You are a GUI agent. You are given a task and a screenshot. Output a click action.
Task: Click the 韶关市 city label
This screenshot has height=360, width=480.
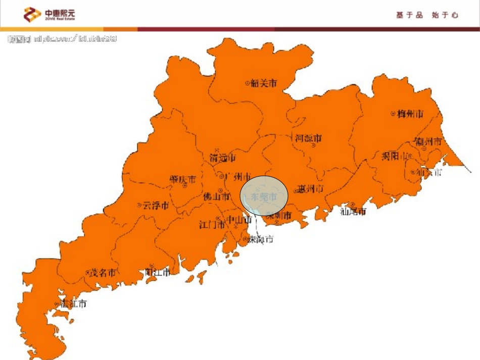point(264,83)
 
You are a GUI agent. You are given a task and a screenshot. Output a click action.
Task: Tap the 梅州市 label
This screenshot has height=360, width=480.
point(410,114)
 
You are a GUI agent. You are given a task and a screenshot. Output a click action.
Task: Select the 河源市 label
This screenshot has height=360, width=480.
point(308,138)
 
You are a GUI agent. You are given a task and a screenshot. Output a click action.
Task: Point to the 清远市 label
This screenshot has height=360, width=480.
point(223,158)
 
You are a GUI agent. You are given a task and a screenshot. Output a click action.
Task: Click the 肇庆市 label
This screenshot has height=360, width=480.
point(182,179)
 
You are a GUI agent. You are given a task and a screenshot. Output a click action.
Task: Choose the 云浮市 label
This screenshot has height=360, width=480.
point(156,205)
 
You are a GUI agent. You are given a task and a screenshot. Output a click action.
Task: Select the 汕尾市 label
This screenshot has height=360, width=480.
point(353,211)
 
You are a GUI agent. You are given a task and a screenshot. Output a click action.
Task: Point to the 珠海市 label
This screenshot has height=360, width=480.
point(261,239)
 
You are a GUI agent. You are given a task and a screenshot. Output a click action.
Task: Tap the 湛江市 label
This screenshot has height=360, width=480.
point(74,304)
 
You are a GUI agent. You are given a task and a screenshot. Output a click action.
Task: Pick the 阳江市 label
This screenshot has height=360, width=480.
point(158,272)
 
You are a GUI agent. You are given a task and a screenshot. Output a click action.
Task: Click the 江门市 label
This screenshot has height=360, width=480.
point(212,225)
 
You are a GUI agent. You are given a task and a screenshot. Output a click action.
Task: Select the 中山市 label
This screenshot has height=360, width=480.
point(238,220)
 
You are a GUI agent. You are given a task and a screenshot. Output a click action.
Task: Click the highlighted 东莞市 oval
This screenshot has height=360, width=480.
point(264,196)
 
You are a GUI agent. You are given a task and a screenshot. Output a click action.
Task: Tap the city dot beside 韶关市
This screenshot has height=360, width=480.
point(247,83)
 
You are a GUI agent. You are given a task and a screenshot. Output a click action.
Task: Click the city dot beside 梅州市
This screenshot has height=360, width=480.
point(393,114)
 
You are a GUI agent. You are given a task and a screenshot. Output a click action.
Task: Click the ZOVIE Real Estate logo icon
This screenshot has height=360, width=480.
point(32,15)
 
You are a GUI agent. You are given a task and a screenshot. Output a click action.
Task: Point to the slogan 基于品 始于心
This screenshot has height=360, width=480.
point(427,15)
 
